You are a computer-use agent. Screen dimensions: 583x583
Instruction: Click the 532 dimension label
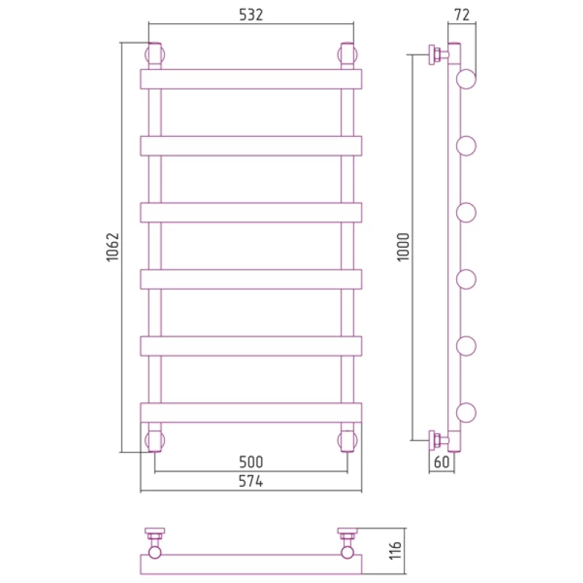coord(251,15)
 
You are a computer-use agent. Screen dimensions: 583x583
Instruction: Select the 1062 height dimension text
coord(112,247)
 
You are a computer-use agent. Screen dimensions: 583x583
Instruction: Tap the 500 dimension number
coord(251,462)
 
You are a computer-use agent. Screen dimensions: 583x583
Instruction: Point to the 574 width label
coord(251,482)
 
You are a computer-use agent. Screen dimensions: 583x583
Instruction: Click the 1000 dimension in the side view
coord(403,247)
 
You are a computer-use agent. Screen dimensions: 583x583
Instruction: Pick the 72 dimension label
coord(462,15)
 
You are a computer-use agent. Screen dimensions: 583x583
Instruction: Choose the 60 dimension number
coord(442,462)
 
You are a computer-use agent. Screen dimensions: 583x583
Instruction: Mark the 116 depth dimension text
coord(396,551)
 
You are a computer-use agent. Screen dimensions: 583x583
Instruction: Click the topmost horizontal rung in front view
coord(251,79)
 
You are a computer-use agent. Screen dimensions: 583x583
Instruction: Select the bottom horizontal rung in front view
coord(251,412)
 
